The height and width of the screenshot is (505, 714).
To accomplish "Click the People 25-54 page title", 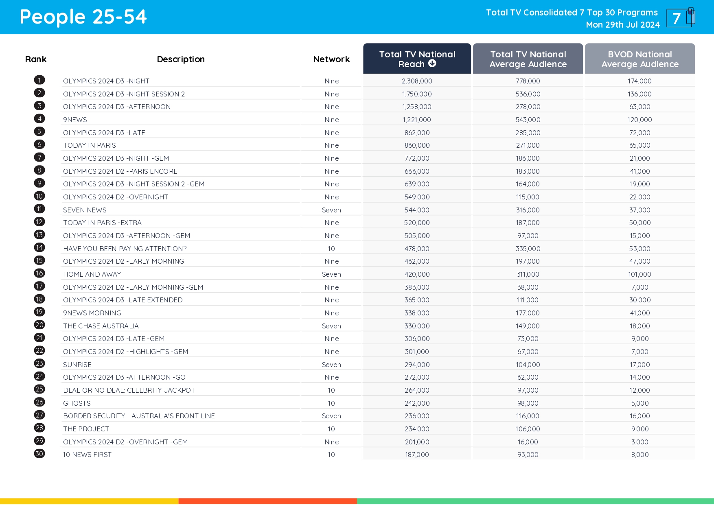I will pyautogui.click(x=83, y=17).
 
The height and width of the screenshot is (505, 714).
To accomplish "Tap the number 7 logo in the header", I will pyautogui.click(x=680, y=18).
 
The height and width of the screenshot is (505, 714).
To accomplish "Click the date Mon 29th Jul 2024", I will pyautogui.click(x=622, y=25).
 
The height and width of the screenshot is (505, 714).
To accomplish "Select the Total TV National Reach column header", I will pyautogui.click(x=417, y=59).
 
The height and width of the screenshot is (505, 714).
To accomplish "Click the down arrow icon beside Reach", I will pyautogui.click(x=432, y=63).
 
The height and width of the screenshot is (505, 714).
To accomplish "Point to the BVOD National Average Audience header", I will pyautogui.click(x=640, y=59).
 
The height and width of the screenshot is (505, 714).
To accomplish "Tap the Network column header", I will pyautogui.click(x=331, y=59).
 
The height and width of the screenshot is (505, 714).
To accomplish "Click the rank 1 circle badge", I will pyautogui.click(x=39, y=80).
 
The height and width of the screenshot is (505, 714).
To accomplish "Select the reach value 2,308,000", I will pyautogui.click(x=417, y=81).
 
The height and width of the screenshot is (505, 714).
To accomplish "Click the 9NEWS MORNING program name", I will pyautogui.click(x=92, y=313).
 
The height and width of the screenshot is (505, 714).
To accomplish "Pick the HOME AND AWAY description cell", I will pyautogui.click(x=92, y=274).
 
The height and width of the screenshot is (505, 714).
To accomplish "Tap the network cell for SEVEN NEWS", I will pyautogui.click(x=331, y=210).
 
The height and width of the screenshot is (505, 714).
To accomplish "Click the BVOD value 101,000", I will pyautogui.click(x=640, y=274).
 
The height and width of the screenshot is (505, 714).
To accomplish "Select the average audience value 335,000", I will pyautogui.click(x=528, y=249).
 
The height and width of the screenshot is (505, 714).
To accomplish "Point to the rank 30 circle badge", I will pyautogui.click(x=39, y=454).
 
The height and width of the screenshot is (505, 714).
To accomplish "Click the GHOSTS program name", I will pyautogui.click(x=77, y=403).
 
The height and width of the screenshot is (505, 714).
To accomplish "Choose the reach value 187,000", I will pyautogui.click(x=417, y=455).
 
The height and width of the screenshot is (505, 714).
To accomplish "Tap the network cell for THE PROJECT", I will pyautogui.click(x=331, y=429).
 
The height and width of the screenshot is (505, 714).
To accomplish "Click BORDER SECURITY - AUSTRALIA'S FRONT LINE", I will pyautogui.click(x=139, y=416).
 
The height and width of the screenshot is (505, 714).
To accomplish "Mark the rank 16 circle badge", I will pyautogui.click(x=39, y=273).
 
